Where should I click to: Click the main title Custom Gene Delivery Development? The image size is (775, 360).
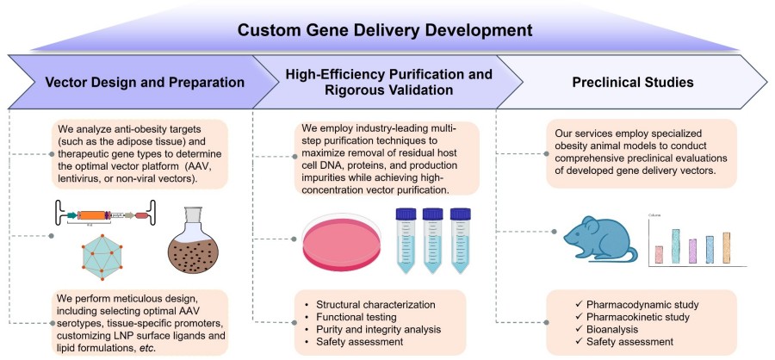387,31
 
